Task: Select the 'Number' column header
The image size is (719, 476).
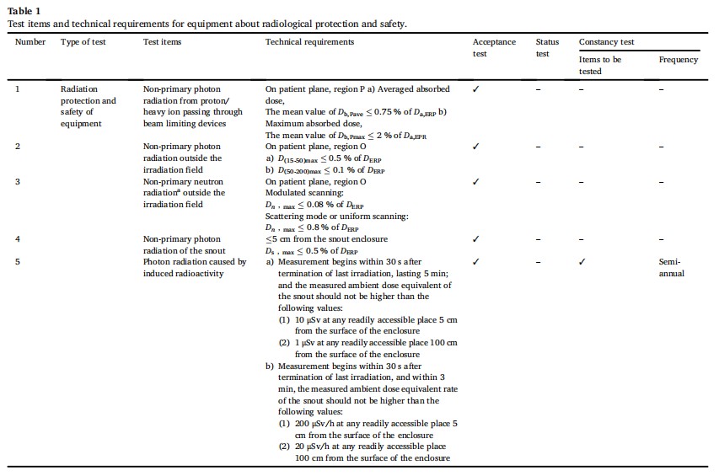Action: pyautogui.click(x=31, y=42)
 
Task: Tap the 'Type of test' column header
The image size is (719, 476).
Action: pyautogui.click(x=83, y=42)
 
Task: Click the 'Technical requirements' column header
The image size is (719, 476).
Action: pyautogui.click(x=309, y=42)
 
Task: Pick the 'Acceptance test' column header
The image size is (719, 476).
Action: pyautogui.click(x=494, y=47)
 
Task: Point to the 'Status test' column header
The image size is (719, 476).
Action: pyautogui.click(x=547, y=47)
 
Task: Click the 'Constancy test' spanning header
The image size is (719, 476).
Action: pyautogui.click(x=606, y=42)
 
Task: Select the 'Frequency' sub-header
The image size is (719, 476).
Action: pyautogui.click(x=678, y=60)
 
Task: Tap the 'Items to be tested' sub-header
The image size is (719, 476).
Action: pyautogui.click(x=600, y=65)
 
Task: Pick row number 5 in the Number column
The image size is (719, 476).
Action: pyautogui.click(x=19, y=262)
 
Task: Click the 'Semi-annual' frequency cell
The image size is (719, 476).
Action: pyautogui.click(x=672, y=267)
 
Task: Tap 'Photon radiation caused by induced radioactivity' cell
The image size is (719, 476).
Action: pyautogui.click(x=195, y=267)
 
